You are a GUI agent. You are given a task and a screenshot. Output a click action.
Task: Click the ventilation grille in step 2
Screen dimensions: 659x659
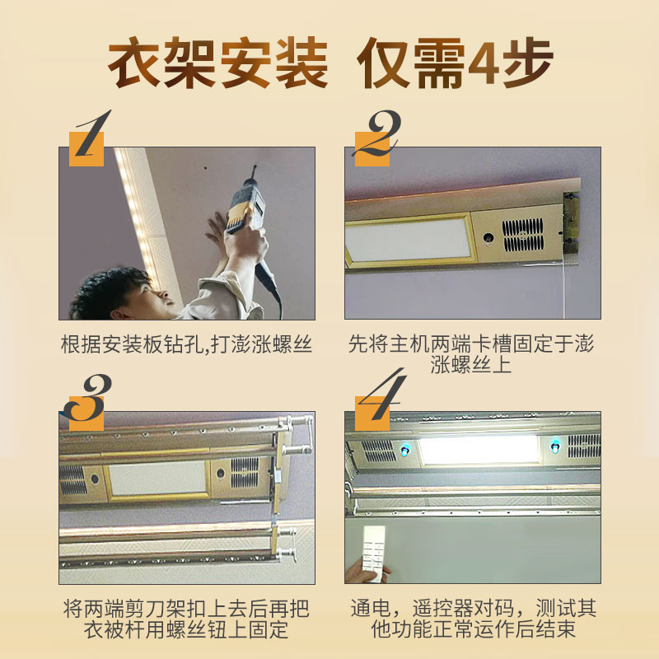[x=522, y=235]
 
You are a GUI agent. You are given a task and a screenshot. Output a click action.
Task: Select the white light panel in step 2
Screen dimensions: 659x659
[x=409, y=240]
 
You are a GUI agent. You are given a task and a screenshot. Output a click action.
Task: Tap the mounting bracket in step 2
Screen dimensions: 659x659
[x=571, y=222]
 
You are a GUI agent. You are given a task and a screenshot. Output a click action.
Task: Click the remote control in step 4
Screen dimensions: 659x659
[x=374, y=553]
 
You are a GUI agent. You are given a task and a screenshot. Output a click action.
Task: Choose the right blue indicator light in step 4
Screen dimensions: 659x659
[x=555, y=446]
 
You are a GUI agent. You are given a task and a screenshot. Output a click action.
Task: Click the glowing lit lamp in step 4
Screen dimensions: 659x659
[x=479, y=449]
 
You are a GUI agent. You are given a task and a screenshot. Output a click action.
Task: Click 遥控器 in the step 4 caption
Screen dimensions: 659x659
[x=442, y=608]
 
